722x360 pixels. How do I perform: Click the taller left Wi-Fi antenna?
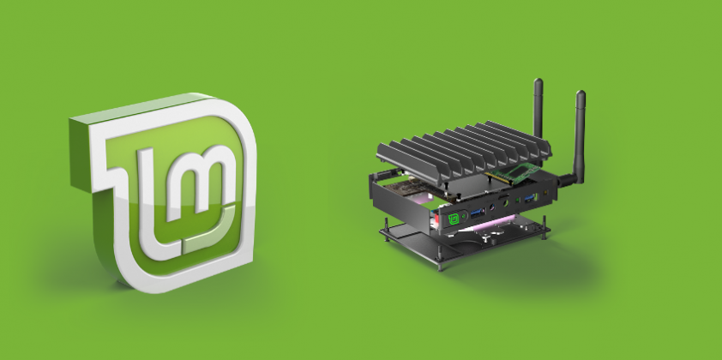point(538,111)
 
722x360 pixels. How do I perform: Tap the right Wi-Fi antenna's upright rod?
point(580,129)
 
